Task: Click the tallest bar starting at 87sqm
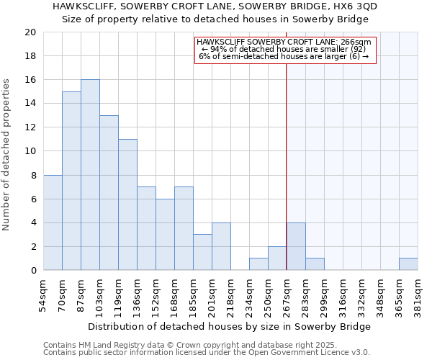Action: pyautogui.click(x=90, y=175)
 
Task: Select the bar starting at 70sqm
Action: pyautogui.click(x=71, y=181)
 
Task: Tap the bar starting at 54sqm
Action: pyautogui.click(x=53, y=222)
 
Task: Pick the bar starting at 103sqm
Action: pyautogui.click(x=109, y=193)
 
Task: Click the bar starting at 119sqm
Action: pyautogui.click(x=127, y=204)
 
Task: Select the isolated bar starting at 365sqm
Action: pyautogui.click(x=408, y=264)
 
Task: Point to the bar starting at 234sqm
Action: pyautogui.click(x=258, y=264)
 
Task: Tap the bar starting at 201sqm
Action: pyautogui.click(x=221, y=246)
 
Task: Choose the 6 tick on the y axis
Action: pyautogui.click(x=33, y=199)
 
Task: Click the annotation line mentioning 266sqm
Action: pyautogui.click(x=284, y=42)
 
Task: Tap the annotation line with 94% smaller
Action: pyautogui.click(x=284, y=49)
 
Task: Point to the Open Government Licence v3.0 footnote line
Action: pyautogui.click(x=207, y=352)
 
